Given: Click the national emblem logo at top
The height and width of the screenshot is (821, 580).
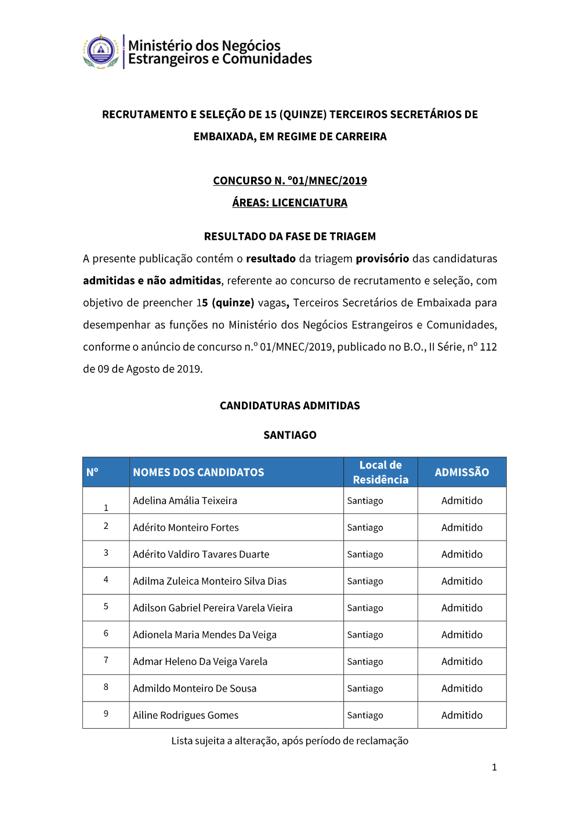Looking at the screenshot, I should (x=101, y=52).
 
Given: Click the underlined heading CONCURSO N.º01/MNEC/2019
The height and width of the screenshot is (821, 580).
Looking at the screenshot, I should (x=290, y=181).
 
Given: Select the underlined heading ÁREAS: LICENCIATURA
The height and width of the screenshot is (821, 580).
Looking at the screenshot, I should (x=290, y=203).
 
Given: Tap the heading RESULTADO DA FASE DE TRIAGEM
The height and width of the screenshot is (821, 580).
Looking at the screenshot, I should (x=290, y=236).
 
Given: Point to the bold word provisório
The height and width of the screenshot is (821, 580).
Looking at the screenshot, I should (x=382, y=258).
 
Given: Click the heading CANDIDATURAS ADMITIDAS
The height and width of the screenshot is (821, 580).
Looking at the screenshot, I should (x=290, y=405).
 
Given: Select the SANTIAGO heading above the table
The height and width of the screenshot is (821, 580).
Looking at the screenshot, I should (x=290, y=435).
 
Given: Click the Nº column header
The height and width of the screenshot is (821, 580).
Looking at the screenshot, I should (x=93, y=472).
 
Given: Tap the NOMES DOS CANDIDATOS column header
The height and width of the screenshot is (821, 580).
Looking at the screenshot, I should (x=198, y=473).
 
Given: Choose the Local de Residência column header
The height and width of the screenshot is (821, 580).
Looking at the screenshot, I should (x=380, y=472).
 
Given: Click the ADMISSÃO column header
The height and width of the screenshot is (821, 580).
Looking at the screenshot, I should (x=462, y=472).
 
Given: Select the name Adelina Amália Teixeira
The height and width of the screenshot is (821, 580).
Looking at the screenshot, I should (x=185, y=500).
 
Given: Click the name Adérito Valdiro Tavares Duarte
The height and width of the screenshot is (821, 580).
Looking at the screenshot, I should (x=201, y=554).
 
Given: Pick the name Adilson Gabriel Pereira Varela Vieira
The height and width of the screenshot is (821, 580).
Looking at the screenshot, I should (x=213, y=608).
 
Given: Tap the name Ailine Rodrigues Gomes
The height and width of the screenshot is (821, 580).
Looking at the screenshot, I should (x=186, y=715).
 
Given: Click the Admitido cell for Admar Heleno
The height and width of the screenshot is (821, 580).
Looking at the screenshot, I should (x=462, y=661).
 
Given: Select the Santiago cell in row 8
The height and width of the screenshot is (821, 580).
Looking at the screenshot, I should (x=365, y=689).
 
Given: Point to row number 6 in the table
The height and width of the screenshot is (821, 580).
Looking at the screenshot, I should (x=106, y=633).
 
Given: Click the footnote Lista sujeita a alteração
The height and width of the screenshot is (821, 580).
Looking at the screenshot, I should (x=290, y=741).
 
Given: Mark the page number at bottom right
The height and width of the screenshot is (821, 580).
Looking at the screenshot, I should (x=494, y=768).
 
